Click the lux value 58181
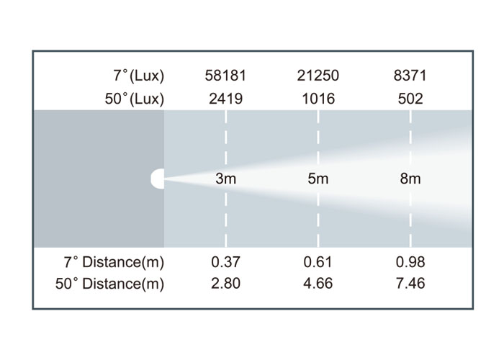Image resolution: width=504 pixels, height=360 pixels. pyautogui.click(x=225, y=76)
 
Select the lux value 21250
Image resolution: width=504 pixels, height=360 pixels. pyautogui.click(x=318, y=76)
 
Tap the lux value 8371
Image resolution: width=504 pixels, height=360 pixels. pyautogui.click(x=410, y=76)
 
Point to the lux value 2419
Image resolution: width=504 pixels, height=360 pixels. pyautogui.click(x=225, y=99)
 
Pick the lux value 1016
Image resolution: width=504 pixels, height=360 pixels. pyautogui.click(x=318, y=99)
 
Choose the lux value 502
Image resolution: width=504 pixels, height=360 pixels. pyautogui.click(x=410, y=99)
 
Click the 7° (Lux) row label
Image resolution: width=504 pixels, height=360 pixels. pyautogui.click(x=139, y=76)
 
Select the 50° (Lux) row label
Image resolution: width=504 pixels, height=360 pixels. pyautogui.click(x=135, y=99)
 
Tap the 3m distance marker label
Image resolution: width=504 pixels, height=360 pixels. pyautogui.click(x=225, y=179)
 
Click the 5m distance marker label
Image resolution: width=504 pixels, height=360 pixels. pyautogui.click(x=318, y=179)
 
